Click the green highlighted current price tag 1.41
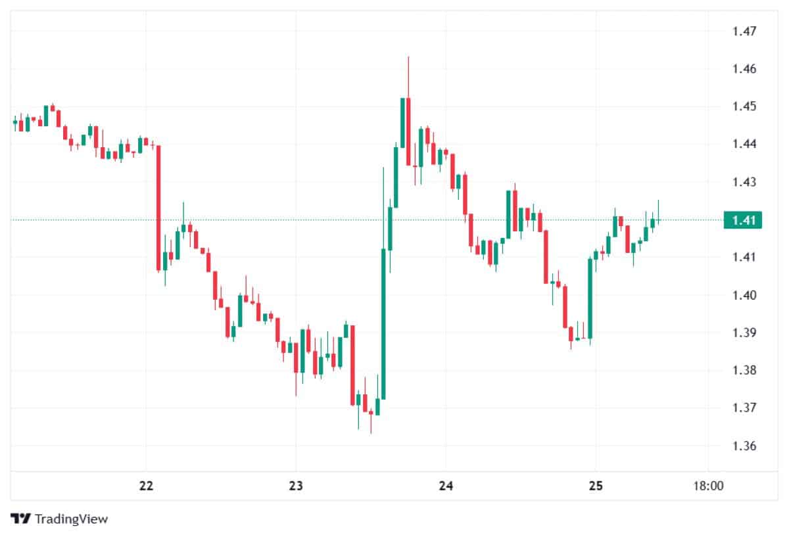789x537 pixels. click(x=742, y=220)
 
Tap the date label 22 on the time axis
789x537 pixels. click(x=147, y=486)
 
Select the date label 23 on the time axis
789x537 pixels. click(x=296, y=486)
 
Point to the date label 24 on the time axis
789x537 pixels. click(x=446, y=486)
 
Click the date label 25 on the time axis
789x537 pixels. click(x=595, y=486)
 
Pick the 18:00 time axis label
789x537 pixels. click(x=707, y=486)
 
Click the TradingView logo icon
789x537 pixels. click(x=22, y=519)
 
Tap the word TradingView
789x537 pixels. click(x=71, y=519)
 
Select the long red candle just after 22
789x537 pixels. click(x=158, y=207)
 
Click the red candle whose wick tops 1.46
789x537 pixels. click(x=408, y=131)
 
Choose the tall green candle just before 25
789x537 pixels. click(x=590, y=298)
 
